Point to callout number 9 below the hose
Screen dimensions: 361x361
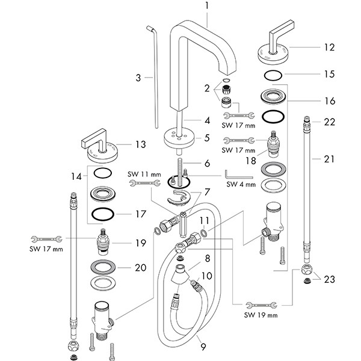pos(203,347)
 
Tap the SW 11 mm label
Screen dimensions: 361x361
pos(144,174)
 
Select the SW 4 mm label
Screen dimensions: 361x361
pos(241,184)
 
